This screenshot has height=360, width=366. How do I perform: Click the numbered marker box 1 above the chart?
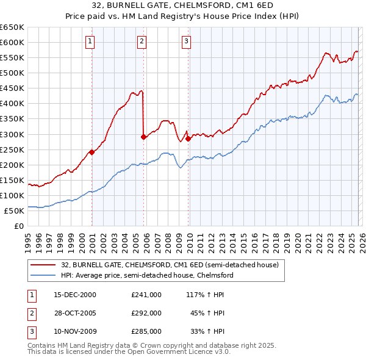90,41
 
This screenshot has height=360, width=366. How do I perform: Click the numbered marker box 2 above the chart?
142,41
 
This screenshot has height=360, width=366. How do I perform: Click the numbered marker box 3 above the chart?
185,41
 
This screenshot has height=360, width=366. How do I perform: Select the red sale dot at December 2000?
92,153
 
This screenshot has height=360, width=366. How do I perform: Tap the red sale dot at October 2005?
144,137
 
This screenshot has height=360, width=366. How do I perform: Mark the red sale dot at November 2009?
188,139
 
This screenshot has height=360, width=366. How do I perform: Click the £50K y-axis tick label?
14,211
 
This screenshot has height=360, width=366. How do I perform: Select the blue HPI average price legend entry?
147,275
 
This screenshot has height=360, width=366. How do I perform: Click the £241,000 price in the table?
146,294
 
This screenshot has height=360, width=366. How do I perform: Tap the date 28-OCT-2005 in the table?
75,313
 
